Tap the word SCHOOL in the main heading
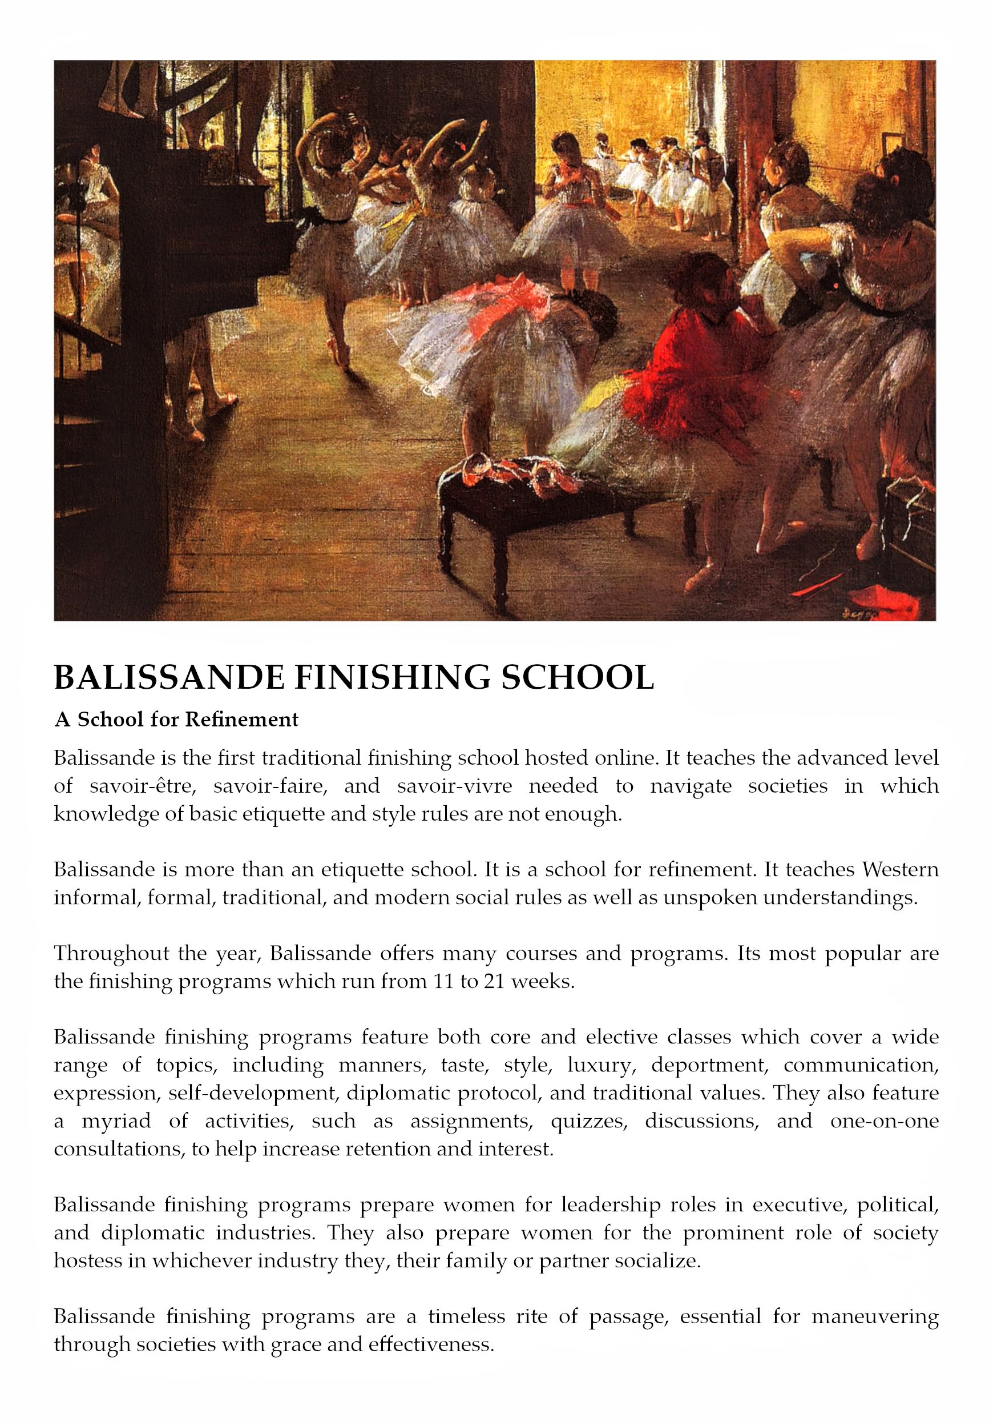point(577,677)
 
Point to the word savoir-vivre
point(454,786)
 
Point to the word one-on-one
point(884,1121)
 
